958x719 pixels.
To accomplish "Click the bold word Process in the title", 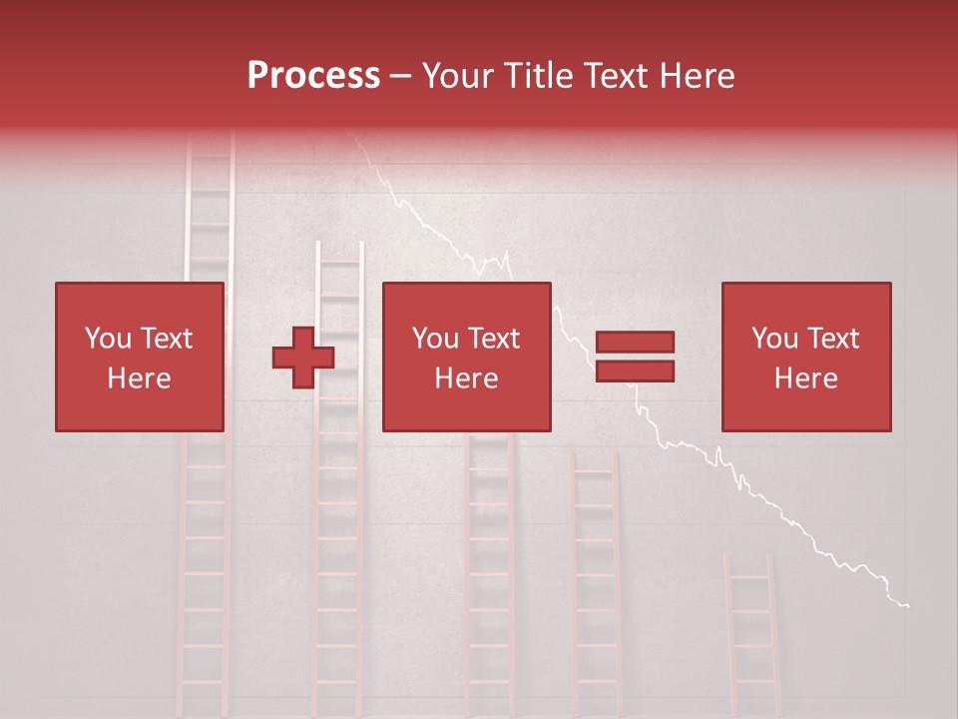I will click(313, 76).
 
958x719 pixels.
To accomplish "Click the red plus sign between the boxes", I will click(303, 358).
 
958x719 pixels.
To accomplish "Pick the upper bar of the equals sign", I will click(635, 342).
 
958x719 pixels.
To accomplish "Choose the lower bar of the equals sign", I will click(635, 371).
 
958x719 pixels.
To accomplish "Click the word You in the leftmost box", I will click(108, 339).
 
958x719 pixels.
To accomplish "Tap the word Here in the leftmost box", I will click(139, 378).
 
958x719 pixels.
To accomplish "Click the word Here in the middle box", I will click(466, 378).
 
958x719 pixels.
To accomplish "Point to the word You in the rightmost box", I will click(774, 339).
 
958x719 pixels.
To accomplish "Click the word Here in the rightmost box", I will click(805, 378).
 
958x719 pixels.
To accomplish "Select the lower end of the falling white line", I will click(906, 604).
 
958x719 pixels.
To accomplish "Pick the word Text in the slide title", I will click(620, 76).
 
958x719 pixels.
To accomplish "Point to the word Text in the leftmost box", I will click(167, 339).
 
